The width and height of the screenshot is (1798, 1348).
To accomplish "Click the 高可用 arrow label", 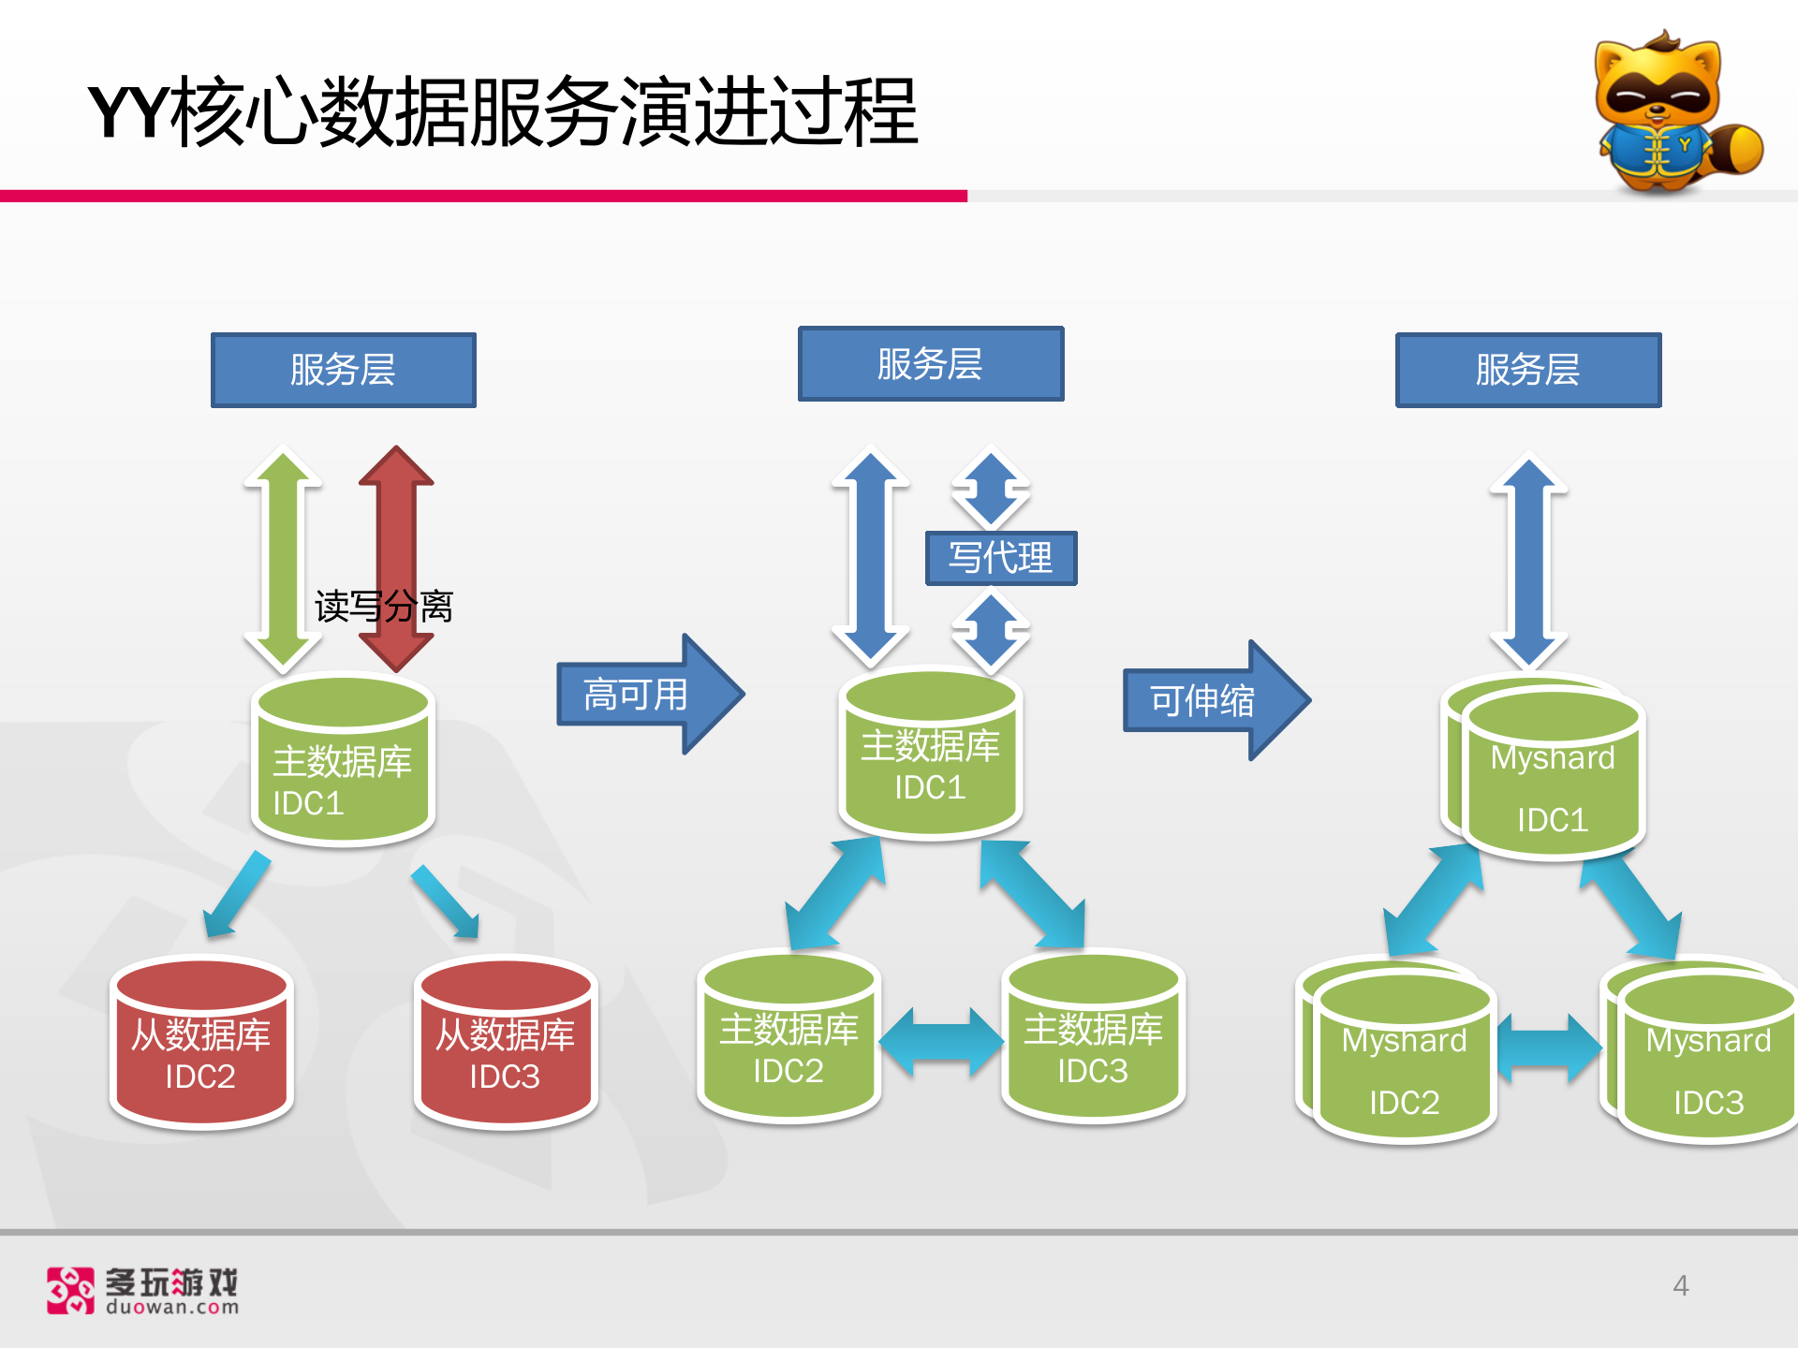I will point(637,695).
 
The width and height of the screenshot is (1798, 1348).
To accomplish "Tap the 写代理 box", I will point(1000,558).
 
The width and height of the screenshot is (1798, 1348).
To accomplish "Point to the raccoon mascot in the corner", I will point(1672,112).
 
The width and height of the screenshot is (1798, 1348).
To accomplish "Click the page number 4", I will point(1681,1285).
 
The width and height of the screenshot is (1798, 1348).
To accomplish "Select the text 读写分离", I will point(384,607).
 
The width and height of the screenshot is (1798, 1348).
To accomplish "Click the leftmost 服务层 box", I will point(343,370).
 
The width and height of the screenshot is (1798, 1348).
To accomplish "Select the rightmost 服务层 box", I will point(1527,370).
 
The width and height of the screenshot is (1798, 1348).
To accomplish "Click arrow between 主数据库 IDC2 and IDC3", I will point(940,1042).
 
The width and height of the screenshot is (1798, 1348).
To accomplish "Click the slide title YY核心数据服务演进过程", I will point(503,112).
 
